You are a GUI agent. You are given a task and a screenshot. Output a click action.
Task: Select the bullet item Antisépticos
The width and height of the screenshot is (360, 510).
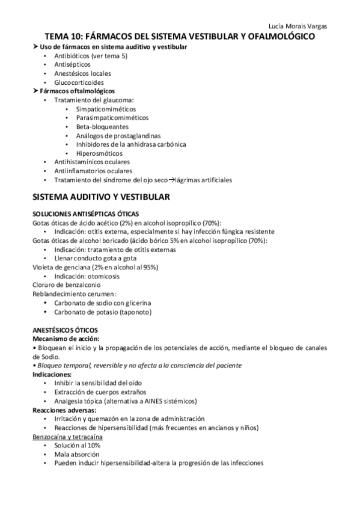pos(73,64)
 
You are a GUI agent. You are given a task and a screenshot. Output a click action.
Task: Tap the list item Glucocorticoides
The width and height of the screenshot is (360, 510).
pos(79,82)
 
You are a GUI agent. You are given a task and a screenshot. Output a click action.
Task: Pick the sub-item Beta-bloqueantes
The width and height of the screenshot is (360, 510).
pos(102,126)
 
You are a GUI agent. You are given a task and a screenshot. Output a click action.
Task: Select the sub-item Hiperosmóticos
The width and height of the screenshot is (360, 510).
pos(99,153)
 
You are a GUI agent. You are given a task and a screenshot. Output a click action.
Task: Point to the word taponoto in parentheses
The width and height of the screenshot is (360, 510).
pos(135,312)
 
